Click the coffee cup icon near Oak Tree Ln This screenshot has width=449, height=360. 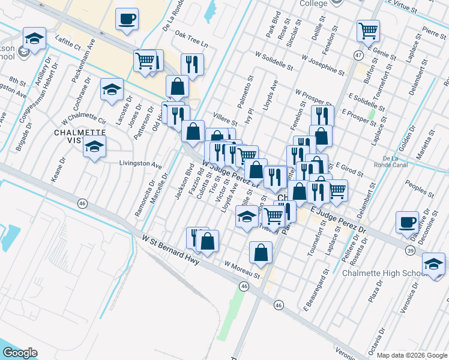[x=127, y=19]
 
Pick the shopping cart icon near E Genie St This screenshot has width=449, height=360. [x=367, y=30]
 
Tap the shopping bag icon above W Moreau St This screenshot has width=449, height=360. [x=261, y=253]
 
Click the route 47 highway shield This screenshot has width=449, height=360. [x=358, y=55]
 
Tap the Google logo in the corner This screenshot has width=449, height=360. [x=20, y=353]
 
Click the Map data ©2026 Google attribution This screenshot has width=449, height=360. [x=412, y=355]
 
